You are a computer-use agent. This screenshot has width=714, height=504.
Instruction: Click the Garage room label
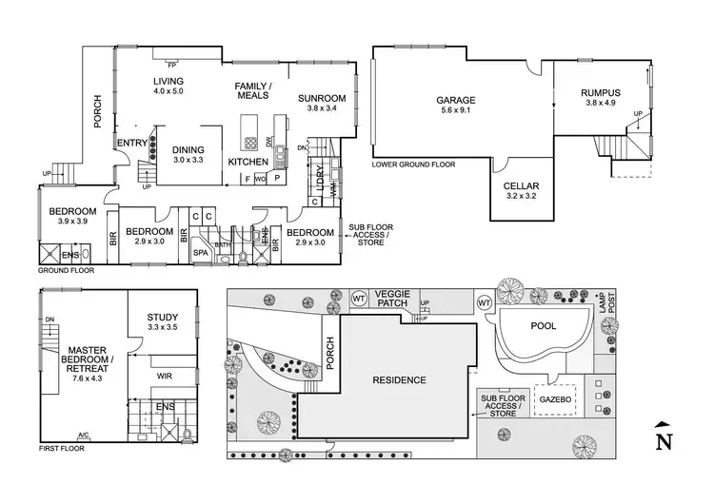tap(455, 99)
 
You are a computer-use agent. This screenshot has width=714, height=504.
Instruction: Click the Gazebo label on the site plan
tap(558, 399)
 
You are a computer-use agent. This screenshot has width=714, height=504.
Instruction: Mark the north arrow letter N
tap(664, 440)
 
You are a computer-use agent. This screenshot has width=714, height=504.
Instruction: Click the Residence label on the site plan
tap(398, 379)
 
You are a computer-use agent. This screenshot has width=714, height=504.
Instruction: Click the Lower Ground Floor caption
tap(413, 165)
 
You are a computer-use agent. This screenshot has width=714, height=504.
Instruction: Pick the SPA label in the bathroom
tap(201, 253)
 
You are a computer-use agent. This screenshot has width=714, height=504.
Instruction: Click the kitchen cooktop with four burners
tap(250, 145)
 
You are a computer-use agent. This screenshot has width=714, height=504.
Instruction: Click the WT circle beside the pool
tap(484, 303)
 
